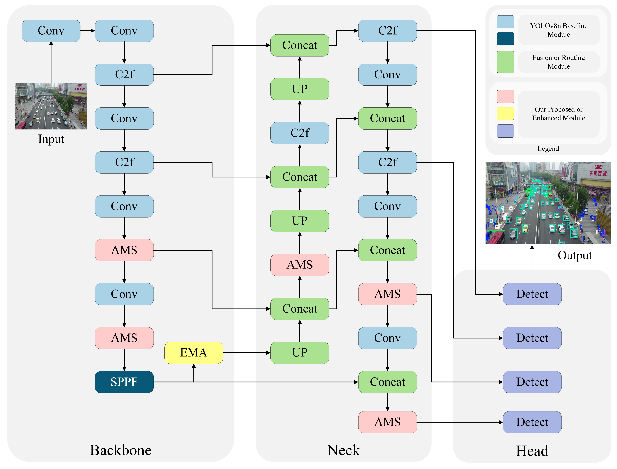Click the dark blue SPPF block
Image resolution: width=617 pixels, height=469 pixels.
[124, 382]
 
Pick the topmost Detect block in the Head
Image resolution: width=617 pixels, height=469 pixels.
[532, 294]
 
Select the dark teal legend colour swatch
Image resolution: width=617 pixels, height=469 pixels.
[505, 39]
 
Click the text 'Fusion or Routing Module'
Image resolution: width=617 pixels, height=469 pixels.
[559, 62]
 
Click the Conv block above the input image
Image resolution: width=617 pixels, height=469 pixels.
[51, 31]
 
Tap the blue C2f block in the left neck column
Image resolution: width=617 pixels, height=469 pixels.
[300, 133]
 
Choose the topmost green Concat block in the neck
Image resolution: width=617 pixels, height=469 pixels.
[300, 45]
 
